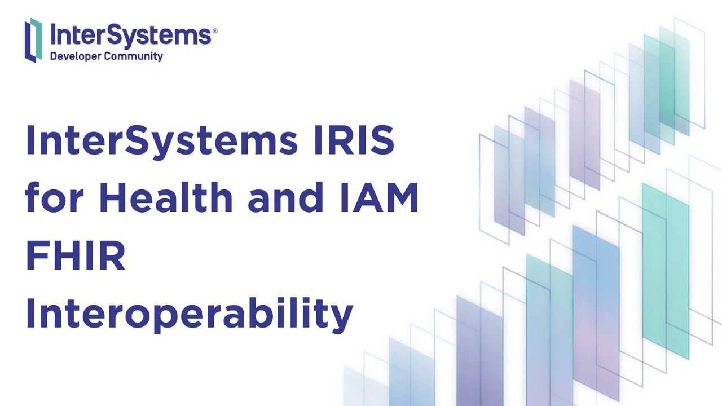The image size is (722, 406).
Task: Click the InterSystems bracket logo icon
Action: click(x=33, y=39)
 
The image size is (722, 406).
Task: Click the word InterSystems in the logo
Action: click(x=130, y=34)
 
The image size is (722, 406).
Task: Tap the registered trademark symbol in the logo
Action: click(x=214, y=32)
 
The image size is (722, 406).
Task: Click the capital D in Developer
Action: click(x=54, y=56)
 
